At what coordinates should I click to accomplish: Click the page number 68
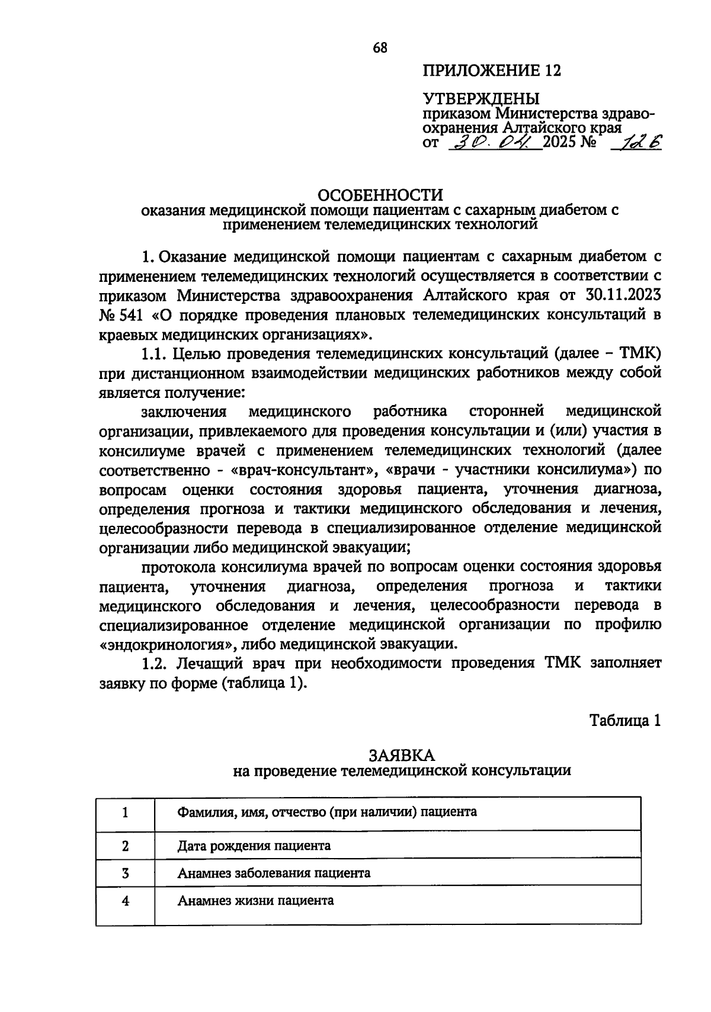tap(380, 48)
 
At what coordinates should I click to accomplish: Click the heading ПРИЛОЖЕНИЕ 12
tap(491, 71)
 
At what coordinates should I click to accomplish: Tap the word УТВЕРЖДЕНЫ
tap(481, 98)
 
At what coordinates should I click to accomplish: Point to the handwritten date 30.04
tap(494, 142)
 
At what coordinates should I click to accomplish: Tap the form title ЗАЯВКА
tap(402, 755)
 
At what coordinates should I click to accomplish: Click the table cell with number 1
tap(126, 812)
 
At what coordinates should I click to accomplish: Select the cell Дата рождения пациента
tap(254, 846)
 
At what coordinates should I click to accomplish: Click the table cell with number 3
tap(126, 873)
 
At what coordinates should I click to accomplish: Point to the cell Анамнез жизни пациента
tap(255, 901)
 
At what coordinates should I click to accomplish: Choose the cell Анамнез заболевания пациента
tap(274, 873)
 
